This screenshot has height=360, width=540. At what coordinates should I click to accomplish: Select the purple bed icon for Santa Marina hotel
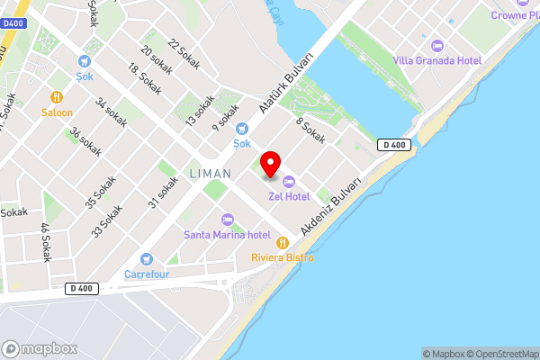click(x=227, y=220)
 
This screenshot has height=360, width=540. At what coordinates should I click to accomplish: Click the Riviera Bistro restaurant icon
click(x=282, y=242)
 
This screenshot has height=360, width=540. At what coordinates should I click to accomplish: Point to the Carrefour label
click(x=147, y=274)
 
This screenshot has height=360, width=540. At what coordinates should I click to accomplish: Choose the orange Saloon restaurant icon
click(x=56, y=97)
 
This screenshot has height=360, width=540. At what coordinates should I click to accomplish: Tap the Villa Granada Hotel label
click(x=436, y=60)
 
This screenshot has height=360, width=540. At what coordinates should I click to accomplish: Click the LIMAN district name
click(x=210, y=173)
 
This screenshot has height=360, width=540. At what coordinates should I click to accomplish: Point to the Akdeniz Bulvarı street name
click(x=331, y=206)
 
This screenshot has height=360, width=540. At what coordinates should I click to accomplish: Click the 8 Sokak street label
click(x=310, y=132)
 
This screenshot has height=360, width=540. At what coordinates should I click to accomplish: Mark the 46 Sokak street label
click(x=45, y=243)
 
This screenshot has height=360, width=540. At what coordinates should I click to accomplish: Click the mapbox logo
click(x=40, y=348)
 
